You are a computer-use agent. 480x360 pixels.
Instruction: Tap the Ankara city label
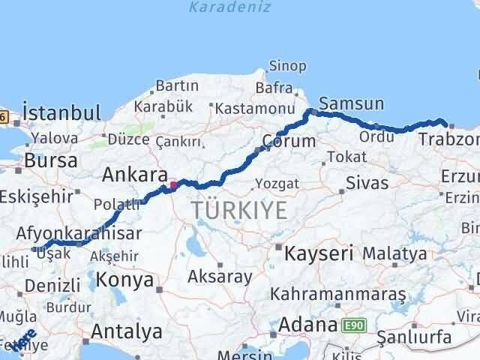tap(134, 175)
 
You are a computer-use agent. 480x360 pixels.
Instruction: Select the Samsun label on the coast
tap(351, 104)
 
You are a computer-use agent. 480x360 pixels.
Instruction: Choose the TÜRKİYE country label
tap(238, 211)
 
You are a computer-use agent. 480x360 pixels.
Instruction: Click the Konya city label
tap(126, 280)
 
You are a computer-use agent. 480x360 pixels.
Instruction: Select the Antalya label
tap(126, 331)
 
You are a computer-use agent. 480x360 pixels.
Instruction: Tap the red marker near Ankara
tap(173, 184)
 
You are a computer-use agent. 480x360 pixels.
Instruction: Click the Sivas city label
tap(367, 182)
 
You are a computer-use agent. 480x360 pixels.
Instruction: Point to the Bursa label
tap(50, 160)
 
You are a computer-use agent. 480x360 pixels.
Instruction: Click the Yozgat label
tap(277, 184)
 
